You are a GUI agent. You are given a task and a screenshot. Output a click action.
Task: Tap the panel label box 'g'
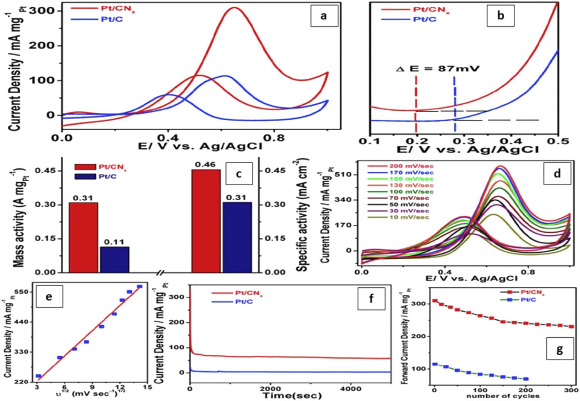click(x=559, y=350)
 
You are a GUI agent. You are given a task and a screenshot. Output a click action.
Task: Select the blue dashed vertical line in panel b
click(x=455, y=98)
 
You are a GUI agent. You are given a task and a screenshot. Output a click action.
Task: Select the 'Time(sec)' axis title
click(x=293, y=395)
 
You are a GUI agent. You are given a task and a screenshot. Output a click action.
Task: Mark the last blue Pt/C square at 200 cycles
click(x=526, y=379)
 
